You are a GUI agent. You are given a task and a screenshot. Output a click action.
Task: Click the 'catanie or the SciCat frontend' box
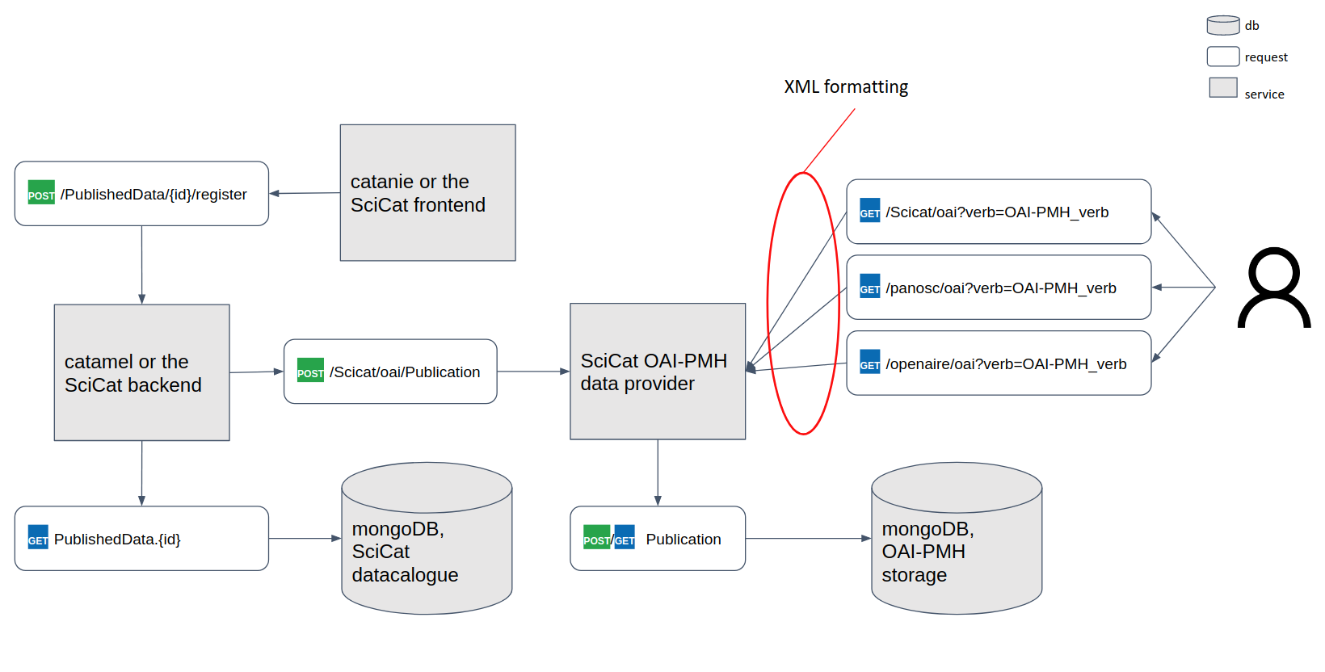click(x=427, y=192)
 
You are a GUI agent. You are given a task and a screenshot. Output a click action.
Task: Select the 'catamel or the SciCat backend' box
click(x=141, y=372)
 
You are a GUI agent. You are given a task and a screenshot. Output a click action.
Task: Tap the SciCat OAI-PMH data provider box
click(x=658, y=372)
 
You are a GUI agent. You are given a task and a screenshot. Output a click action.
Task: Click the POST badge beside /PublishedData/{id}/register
click(x=41, y=193)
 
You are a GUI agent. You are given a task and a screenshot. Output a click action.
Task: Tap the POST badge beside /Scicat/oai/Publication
click(x=310, y=371)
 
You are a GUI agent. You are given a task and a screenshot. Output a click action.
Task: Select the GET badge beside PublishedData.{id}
click(x=38, y=539)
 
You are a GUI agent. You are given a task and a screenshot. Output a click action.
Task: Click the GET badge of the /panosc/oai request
click(x=869, y=288)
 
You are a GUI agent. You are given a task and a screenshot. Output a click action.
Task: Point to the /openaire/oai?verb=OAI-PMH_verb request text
click(x=1006, y=364)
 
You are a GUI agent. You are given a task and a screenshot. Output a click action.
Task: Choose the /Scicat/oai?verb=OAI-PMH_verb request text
click(x=997, y=212)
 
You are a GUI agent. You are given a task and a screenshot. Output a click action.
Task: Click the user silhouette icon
click(x=1274, y=288)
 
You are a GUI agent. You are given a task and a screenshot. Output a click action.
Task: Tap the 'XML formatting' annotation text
click(x=846, y=87)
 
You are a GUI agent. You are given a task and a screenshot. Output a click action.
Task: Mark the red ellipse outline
click(x=768, y=303)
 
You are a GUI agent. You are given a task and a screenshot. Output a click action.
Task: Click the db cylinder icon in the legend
click(x=1223, y=25)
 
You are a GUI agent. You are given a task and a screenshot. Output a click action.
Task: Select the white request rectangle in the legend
click(x=1223, y=57)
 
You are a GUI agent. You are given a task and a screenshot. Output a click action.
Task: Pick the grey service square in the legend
click(x=1223, y=88)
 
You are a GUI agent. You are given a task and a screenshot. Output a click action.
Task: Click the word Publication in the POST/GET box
click(x=684, y=540)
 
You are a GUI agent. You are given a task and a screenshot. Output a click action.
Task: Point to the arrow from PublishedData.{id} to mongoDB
click(x=304, y=538)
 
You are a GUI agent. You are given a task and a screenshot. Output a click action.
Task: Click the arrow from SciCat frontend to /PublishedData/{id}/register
click(x=305, y=193)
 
